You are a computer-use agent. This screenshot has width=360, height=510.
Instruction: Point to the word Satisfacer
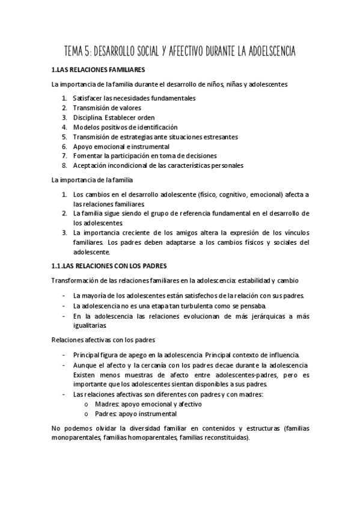click(89, 98)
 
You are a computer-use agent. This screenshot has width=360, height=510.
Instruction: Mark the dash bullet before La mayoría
click(64, 296)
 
